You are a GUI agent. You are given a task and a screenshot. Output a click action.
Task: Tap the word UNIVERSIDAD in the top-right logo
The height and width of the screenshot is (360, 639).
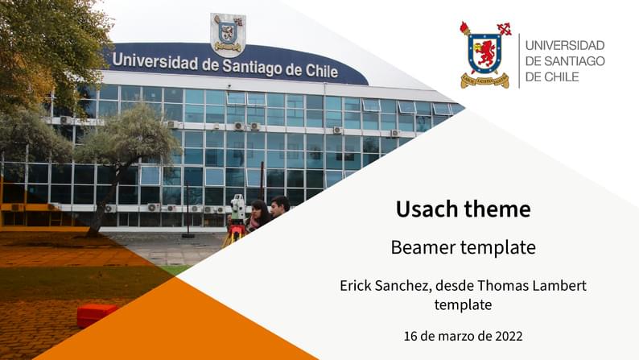564,45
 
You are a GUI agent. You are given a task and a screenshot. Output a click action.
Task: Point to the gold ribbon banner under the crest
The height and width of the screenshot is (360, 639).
484,81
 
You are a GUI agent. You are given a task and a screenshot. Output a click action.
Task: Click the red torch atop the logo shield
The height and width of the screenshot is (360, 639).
465,29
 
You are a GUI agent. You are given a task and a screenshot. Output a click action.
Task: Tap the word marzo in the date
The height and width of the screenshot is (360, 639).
453,335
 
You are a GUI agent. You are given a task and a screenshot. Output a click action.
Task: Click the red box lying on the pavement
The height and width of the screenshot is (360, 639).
97,315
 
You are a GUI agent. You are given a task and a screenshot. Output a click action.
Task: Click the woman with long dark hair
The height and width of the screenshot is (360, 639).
258,216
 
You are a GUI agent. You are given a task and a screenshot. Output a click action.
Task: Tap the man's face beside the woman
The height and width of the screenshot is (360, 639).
278,207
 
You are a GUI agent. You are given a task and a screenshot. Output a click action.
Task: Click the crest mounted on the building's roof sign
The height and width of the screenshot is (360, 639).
228,32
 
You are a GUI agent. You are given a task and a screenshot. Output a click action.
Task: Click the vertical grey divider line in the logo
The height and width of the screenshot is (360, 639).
518,60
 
